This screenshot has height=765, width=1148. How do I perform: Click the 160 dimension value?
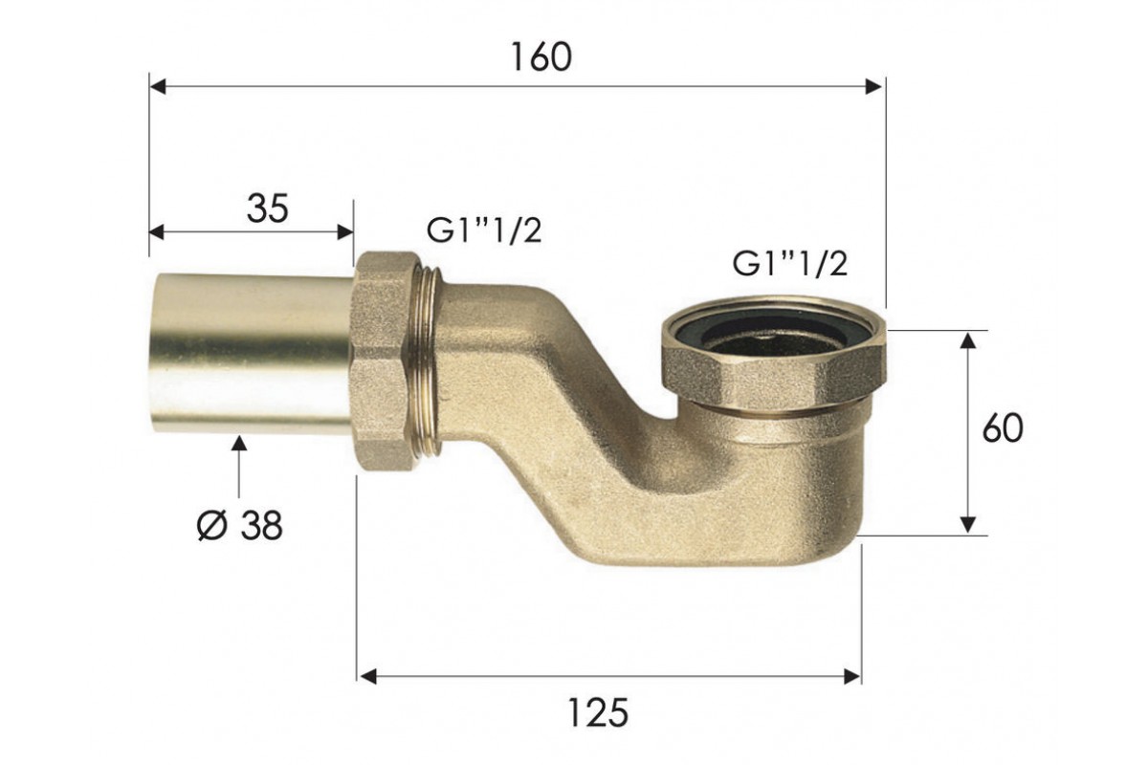pyautogui.click(x=541, y=57)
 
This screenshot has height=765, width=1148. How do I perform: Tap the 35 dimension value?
pyautogui.click(x=268, y=208)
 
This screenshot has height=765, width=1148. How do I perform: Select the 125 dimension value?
pyautogui.click(x=598, y=712)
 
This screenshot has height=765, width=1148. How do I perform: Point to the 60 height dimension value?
pyautogui.click(x=1003, y=428)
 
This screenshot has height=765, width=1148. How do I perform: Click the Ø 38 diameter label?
pyautogui.click(x=239, y=526)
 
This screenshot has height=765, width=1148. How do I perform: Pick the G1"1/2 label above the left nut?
pyautogui.click(x=484, y=231)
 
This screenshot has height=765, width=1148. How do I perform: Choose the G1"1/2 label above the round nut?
pyautogui.click(x=790, y=264)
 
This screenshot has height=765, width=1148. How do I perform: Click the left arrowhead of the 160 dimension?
pyautogui.click(x=157, y=87)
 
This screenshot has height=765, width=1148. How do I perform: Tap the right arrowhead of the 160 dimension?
pyautogui.click(x=873, y=87)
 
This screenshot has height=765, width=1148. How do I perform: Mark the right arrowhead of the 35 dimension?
pyautogui.click(x=345, y=231)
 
